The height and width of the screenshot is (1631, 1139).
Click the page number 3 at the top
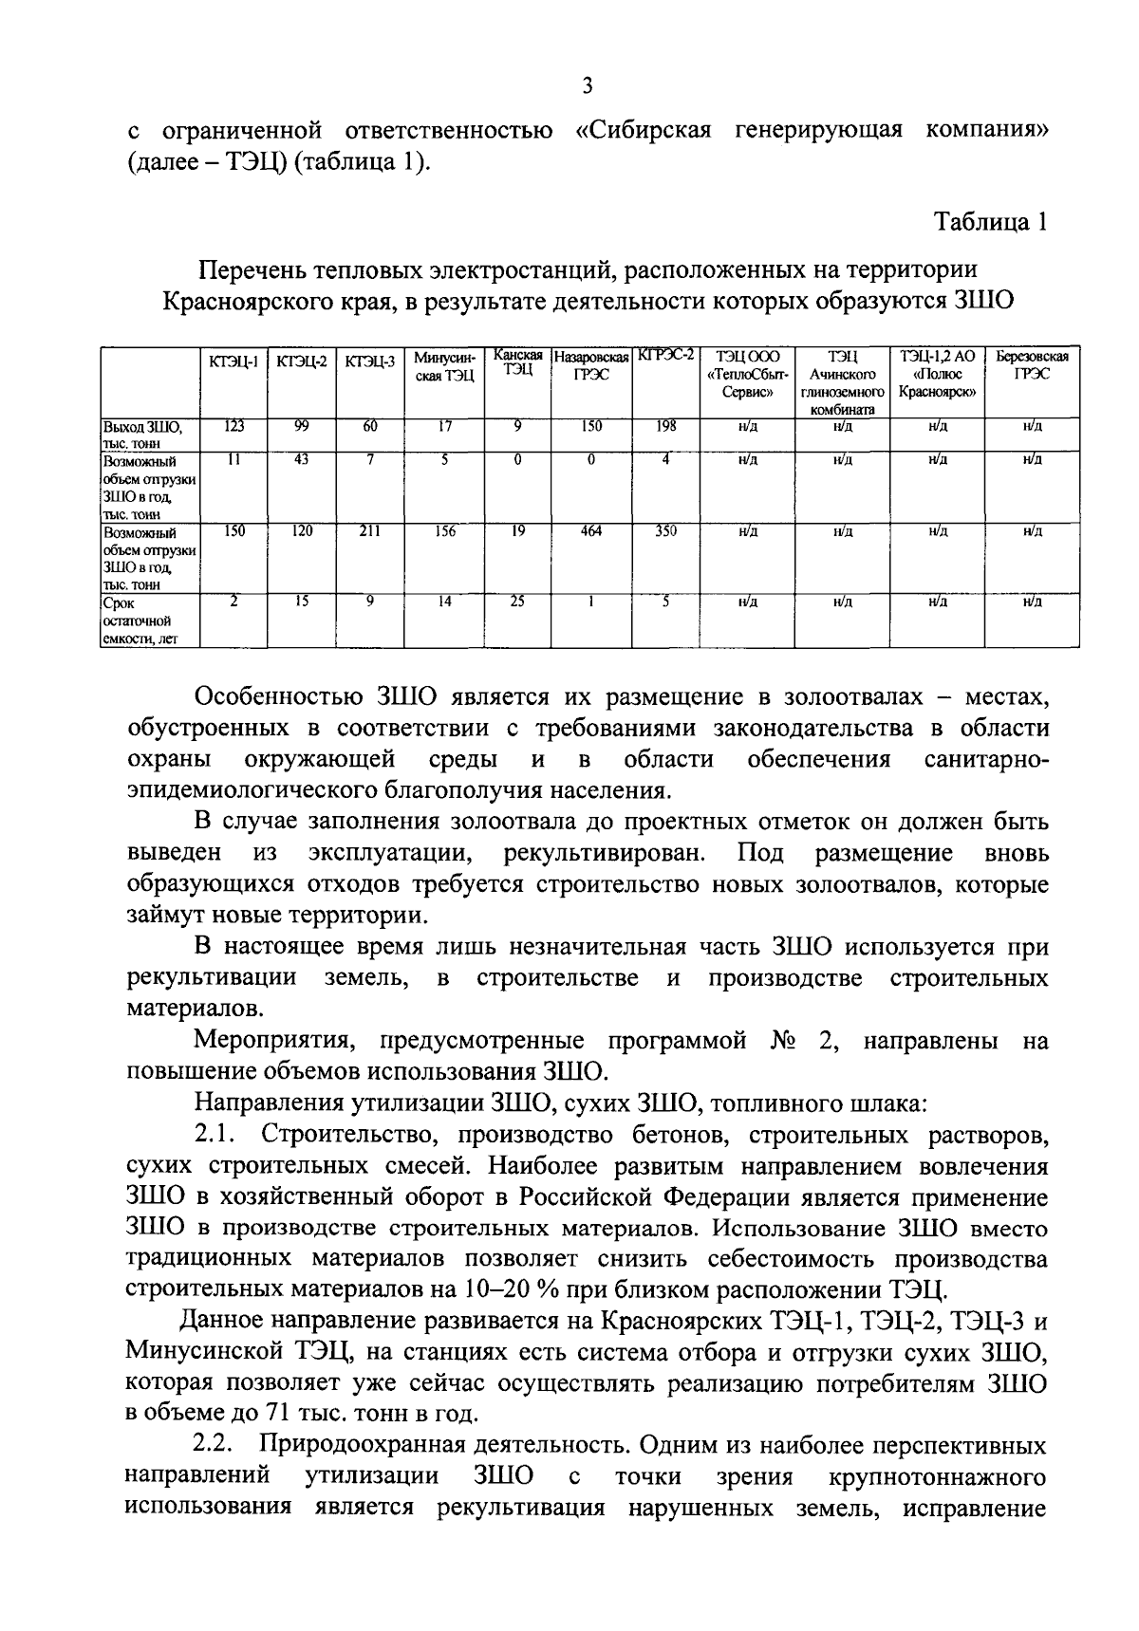587,86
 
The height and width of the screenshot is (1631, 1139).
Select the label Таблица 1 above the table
991,223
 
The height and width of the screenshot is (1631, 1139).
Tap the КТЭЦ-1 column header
233,360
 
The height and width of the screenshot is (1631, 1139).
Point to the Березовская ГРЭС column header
1031,365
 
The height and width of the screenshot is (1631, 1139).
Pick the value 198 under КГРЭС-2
665,427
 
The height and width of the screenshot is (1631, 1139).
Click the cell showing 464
590,531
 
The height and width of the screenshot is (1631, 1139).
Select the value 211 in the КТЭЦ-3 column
369,531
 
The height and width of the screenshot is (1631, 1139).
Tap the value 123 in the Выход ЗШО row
233,427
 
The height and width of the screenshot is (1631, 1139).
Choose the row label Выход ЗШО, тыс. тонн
138,435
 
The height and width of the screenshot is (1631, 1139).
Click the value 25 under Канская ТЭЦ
517,601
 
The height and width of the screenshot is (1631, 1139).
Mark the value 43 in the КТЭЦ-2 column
302,460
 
